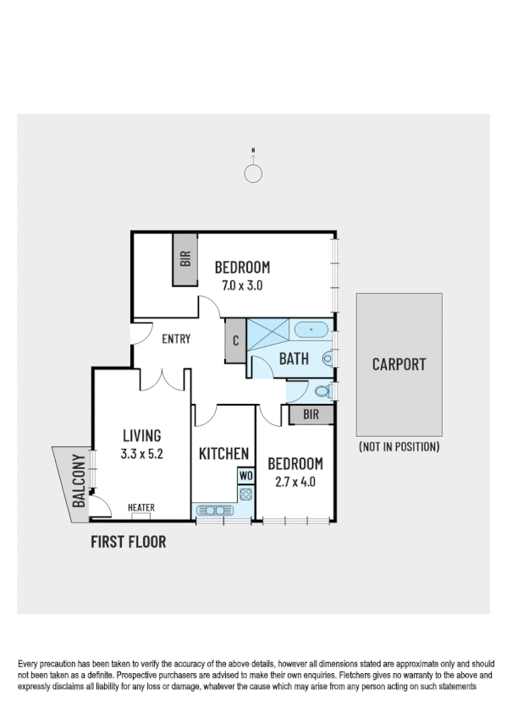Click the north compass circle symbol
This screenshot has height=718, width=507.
tap(253, 174)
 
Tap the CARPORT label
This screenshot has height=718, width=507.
tap(399, 365)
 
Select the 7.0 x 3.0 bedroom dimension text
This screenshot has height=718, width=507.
tap(241, 285)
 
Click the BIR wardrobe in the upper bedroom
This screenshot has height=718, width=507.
tap(185, 260)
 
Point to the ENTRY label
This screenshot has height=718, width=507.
tap(176, 340)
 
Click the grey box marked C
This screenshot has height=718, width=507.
tap(235, 343)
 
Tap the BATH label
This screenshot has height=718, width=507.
tap(294, 359)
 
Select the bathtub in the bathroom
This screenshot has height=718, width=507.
tap(313, 329)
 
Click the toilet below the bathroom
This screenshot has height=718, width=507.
tap(321, 391)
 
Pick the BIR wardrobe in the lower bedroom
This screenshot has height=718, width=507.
tap(311, 414)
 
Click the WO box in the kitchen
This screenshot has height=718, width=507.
tap(246, 476)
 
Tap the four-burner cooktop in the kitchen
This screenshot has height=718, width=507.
tap(246, 493)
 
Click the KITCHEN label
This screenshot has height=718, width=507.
tap(223, 454)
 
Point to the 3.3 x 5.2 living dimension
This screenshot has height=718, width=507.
tap(141, 454)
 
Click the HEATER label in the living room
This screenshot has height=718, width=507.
tap(141, 508)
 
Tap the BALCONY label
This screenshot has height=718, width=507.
tap(79, 482)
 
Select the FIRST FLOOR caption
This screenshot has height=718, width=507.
tap(128, 542)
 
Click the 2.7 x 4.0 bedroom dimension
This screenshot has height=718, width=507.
tap(295, 482)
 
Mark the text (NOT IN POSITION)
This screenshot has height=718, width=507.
tap(399, 446)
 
